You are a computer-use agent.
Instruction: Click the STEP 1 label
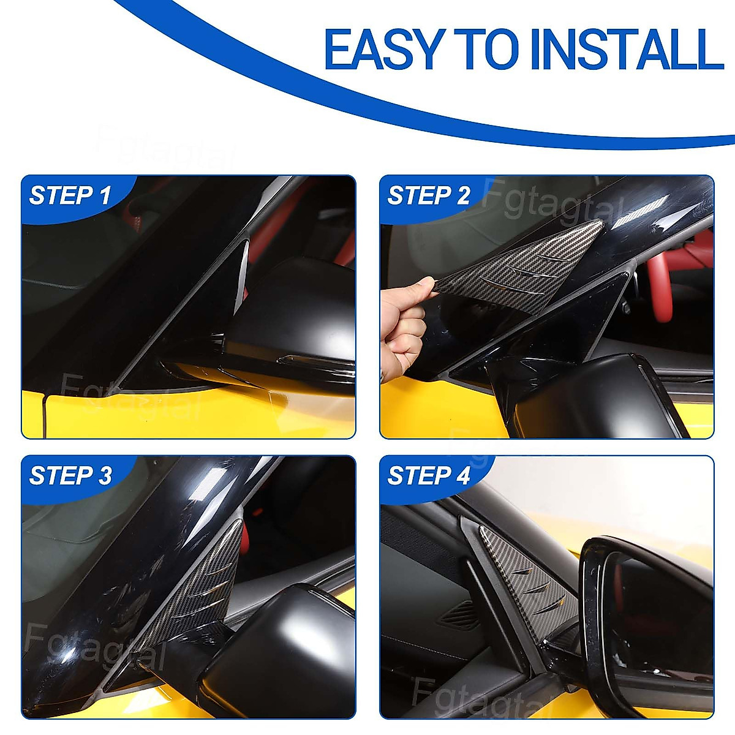click(70, 196)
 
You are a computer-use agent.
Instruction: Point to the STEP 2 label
click(428, 196)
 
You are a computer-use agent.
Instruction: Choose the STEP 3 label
click(70, 476)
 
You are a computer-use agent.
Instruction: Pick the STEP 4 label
click(428, 476)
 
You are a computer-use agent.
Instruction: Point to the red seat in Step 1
click(343, 245)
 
